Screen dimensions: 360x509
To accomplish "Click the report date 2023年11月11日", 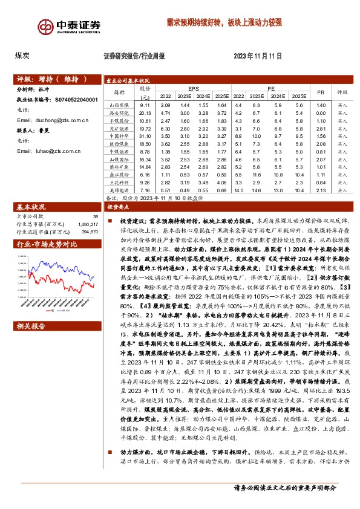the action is click(x=258, y=56).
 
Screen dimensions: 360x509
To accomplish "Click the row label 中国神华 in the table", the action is click(x=118, y=137).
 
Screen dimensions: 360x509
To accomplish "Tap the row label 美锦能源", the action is click(x=118, y=189).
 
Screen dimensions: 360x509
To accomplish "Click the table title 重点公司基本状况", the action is click(x=128, y=80).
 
